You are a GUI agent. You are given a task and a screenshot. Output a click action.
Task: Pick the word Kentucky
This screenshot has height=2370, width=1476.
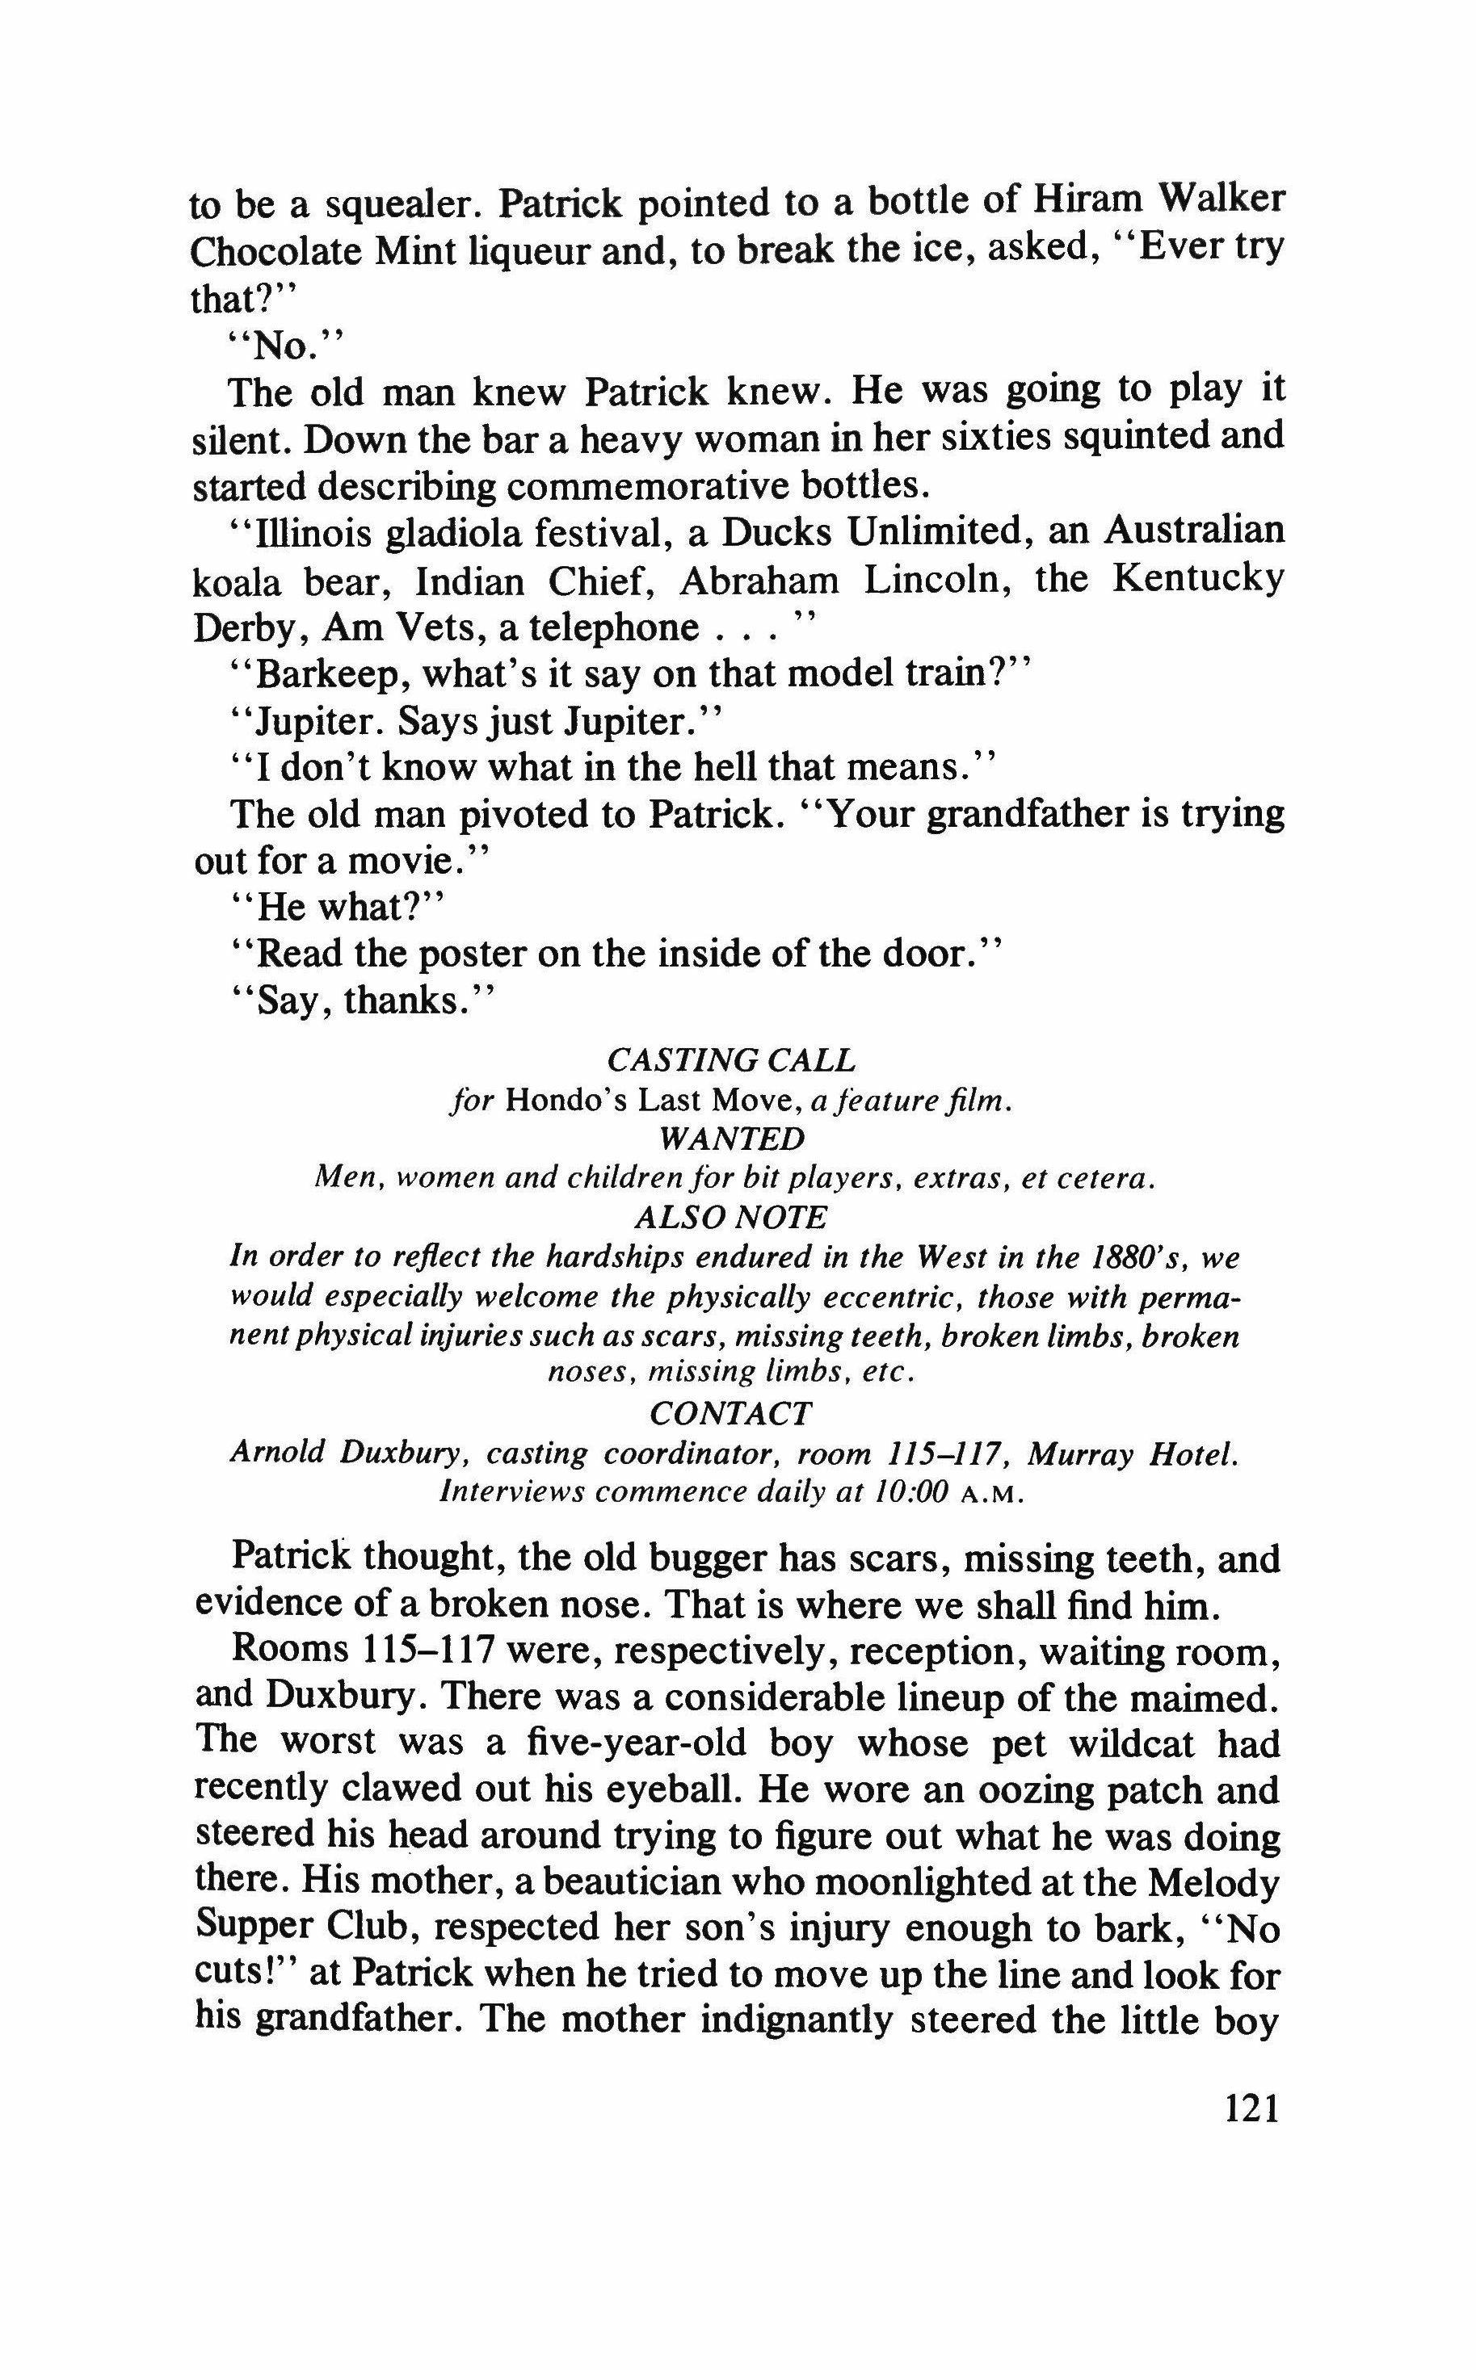tap(1198, 580)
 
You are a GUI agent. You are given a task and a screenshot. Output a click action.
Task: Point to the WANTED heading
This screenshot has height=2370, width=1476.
tap(732, 1139)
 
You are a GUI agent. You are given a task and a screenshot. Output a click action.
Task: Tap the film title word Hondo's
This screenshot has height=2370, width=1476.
tap(563, 1101)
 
